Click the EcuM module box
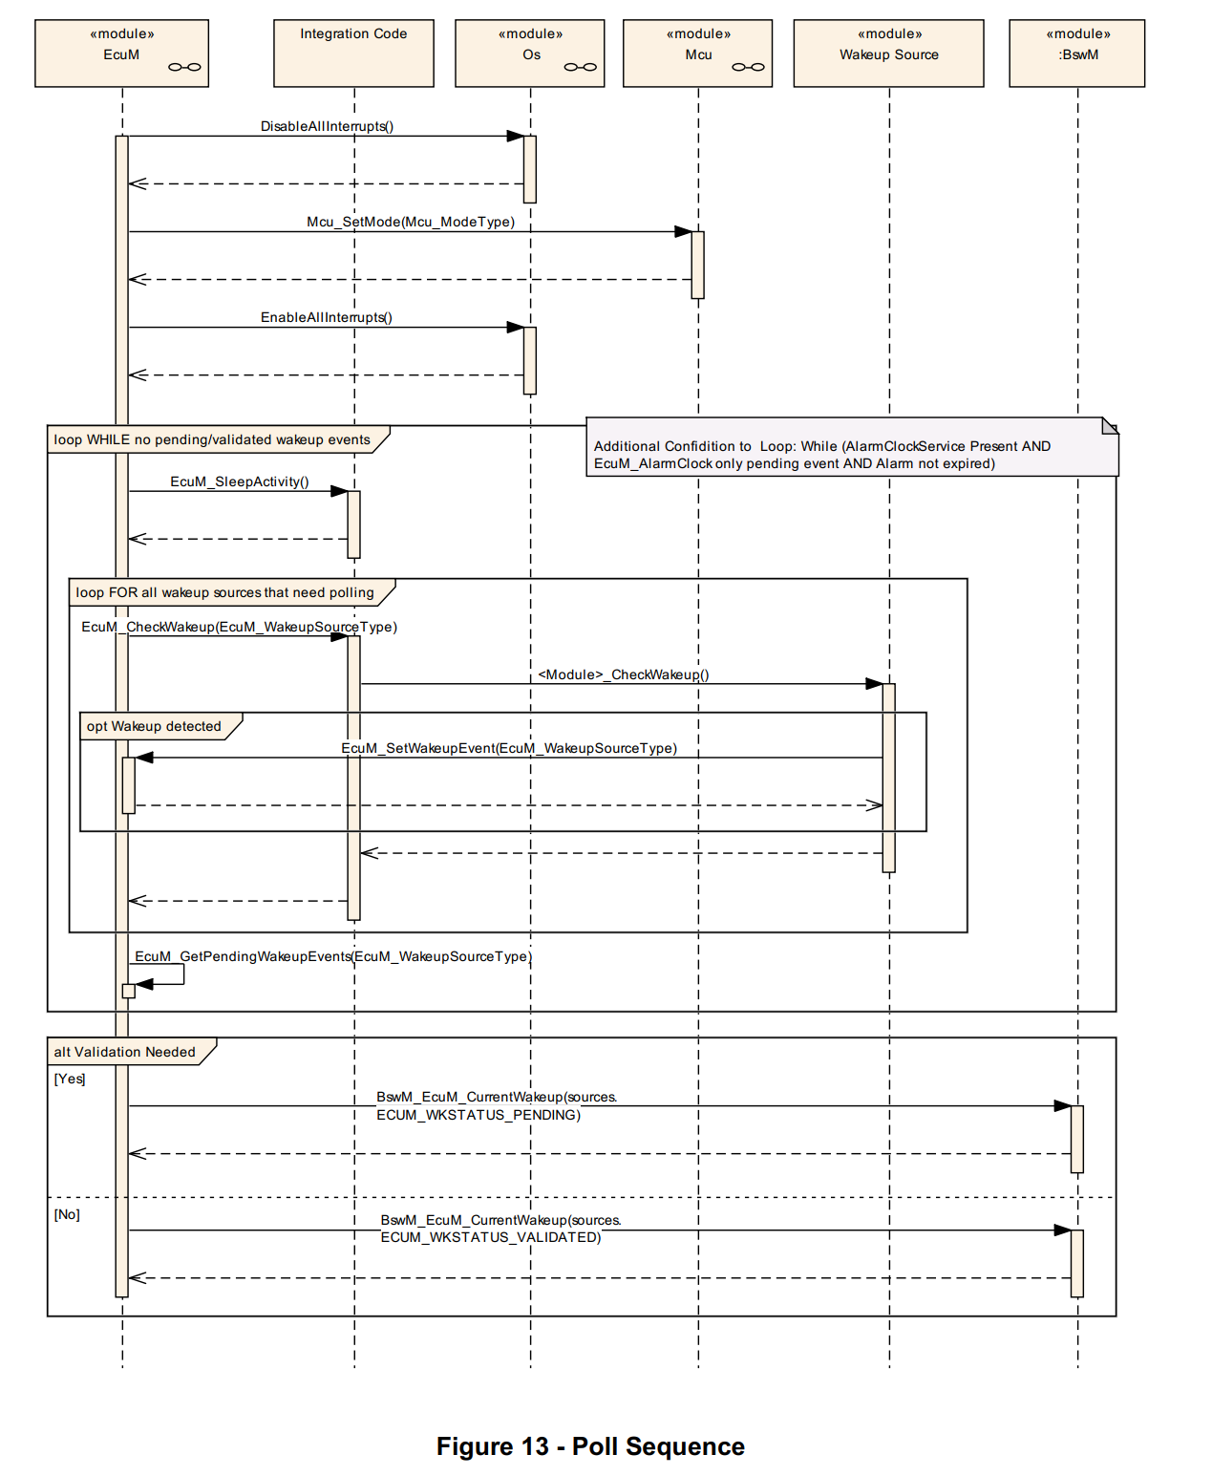click(121, 53)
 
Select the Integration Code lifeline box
click(353, 53)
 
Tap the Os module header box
click(530, 53)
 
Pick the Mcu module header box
click(697, 53)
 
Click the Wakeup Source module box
click(888, 53)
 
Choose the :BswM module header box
click(1076, 53)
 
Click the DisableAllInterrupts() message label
click(327, 126)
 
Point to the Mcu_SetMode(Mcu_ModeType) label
click(411, 222)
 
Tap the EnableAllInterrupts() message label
click(327, 317)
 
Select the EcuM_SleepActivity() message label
click(240, 481)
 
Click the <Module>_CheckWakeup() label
click(624, 674)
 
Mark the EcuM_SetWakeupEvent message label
click(509, 748)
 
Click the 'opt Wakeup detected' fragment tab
click(155, 726)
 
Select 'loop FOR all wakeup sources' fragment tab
click(225, 592)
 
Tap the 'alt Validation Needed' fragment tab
click(125, 1052)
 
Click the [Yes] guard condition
click(70, 1079)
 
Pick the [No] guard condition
click(67, 1214)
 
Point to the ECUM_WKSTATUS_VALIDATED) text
click(491, 1237)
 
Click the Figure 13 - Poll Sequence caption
click(590, 1446)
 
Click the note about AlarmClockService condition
click(850, 455)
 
